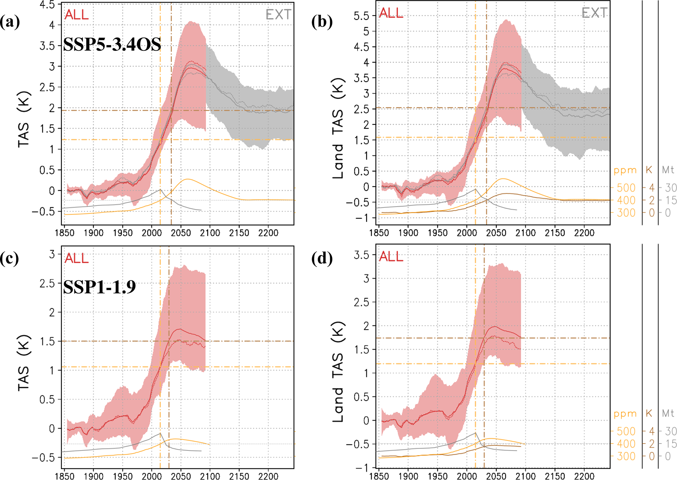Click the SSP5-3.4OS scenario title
pyautogui.click(x=112, y=44)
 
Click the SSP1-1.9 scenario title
pyautogui.click(x=99, y=287)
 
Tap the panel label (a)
pyautogui.click(x=10, y=22)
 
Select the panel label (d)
pyautogui.click(x=322, y=258)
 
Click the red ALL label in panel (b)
pyautogui.click(x=391, y=13)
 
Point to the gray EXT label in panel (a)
pyautogui.click(x=278, y=14)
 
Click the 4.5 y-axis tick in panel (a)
pyautogui.click(x=47, y=5)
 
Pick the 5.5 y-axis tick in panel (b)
pyautogui.click(x=361, y=16)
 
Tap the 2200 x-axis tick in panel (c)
pyautogui.click(x=268, y=476)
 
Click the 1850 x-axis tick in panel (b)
pyautogui.click(x=379, y=233)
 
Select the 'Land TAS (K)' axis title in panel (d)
pyautogui.click(x=338, y=372)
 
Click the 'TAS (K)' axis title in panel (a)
pyautogui.click(x=24, y=119)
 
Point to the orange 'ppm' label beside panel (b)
pyautogui.click(x=625, y=170)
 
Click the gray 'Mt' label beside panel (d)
pyautogui.click(x=668, y=413)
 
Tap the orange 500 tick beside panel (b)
pyautogui.click(x=626, y=188)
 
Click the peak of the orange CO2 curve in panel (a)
pyautogui.click(x=187, y=179)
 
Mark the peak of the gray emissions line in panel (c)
pyautogui.click(x=160, y=433)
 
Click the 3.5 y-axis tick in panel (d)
pyautogui.click(x=361, y=255)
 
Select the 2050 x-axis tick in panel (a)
pyautogui.click(x=180, y=233)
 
